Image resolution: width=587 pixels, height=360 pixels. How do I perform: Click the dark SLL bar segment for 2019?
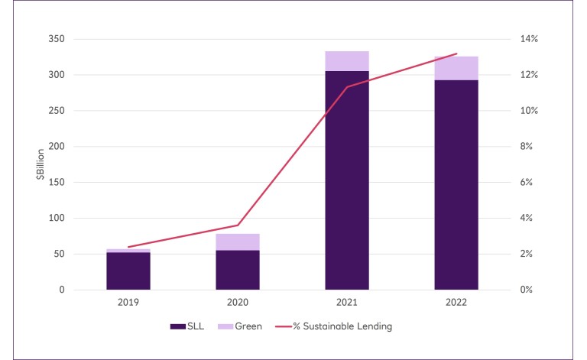click(x=128, y=271)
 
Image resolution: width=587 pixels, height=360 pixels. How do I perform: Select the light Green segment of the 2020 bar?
click(x=238, y=242)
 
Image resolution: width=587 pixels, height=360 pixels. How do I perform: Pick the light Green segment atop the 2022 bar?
click(x=456, y=68)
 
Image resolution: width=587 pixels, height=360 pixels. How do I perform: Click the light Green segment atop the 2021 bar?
click(x=347, y=61)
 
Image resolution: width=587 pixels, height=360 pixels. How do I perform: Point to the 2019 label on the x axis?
click(x=128, y=303)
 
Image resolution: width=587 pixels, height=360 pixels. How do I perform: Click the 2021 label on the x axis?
click(x=347, y=303)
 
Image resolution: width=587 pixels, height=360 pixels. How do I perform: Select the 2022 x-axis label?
click(x=456, y=303)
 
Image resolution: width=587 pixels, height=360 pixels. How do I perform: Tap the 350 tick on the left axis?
click(x=57, y=39)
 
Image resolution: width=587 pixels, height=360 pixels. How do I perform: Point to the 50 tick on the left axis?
click(x=59, y=254)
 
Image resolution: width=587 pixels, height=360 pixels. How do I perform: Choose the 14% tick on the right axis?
click(x=531, y=39)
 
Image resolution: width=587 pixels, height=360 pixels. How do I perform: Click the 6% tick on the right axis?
click(x=529, y=183)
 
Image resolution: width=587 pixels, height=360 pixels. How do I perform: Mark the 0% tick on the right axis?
click(x=529, y=290)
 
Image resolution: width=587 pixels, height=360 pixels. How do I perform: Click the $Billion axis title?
click(x=39, y=164)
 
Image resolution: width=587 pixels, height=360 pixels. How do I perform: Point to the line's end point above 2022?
click(x=456, y=54)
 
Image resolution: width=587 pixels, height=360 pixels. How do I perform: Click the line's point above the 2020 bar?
click(x=238, y=225)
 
